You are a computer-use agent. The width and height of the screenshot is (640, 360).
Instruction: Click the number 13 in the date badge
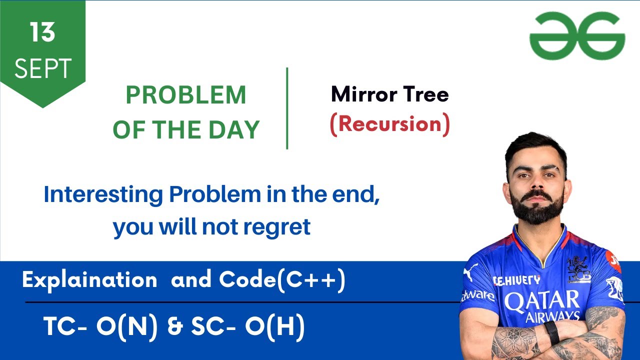(x=42, y=33)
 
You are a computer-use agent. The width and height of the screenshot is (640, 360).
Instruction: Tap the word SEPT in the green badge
(x=42, y=68)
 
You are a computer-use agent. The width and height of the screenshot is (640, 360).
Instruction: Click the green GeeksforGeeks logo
(x=577, y=36)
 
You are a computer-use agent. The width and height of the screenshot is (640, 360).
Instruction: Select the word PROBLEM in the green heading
(x=185, y=95)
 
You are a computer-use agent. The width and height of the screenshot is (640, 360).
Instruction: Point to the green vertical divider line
(x=287, y=108)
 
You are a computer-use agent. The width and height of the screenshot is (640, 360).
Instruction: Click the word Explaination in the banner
(x=89, y=280)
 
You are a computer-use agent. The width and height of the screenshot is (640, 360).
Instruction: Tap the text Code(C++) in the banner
(x=282, y=280)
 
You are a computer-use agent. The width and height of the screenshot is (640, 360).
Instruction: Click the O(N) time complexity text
(x=127, y=327)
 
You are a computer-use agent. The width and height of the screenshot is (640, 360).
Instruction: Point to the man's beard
(x=536, y=207)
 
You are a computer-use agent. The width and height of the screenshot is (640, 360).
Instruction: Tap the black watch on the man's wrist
(x=551, y=332)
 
